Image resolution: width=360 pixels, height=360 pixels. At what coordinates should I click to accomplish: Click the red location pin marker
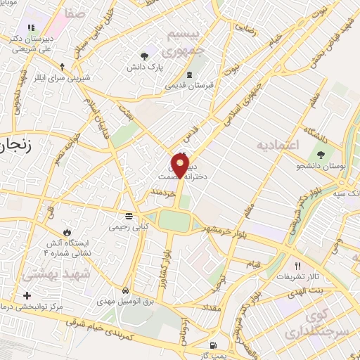tap(181, 166)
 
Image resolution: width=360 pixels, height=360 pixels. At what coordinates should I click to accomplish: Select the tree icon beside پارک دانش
tap(145, 55)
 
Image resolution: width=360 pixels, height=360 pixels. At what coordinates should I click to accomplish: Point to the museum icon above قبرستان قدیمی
tap(189, 75)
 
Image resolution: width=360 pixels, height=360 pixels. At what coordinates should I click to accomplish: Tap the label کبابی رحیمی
tap(129, 227)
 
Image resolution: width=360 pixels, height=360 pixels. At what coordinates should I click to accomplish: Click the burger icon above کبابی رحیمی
tap(129, 216)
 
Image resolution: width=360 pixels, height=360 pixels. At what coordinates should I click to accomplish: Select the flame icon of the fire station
tap(67, 231)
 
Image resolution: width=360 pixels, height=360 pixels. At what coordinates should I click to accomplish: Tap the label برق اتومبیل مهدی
tap(125, 300)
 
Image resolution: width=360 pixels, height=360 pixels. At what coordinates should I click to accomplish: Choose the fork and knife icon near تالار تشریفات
tap(297, 266)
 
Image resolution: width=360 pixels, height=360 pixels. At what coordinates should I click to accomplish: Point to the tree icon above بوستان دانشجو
tap(321, 153)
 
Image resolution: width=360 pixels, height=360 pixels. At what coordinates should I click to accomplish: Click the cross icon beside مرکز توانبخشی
tap(27, 295)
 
